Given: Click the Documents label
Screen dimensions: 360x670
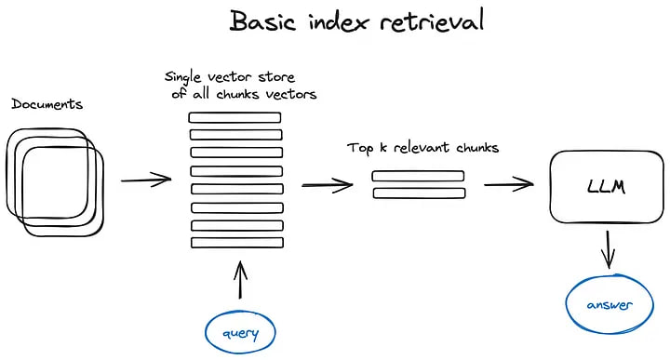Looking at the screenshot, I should pos(47,103).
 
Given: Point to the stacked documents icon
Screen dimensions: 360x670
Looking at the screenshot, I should pos(55,179).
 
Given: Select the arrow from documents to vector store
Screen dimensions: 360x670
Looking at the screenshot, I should pos(146,179).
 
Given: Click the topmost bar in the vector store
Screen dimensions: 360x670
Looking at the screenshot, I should pos(235,118).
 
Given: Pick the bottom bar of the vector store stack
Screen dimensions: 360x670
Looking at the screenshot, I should pos(235,242).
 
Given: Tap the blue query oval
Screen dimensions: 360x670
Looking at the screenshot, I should pos(241,332).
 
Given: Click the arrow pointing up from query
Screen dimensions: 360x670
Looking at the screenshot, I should pos(241,280).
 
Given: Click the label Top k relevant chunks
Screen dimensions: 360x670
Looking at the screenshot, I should pos(422,148).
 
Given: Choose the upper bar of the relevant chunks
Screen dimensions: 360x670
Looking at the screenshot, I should pos(418,176).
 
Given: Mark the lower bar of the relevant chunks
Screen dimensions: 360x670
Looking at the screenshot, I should pos(418,193).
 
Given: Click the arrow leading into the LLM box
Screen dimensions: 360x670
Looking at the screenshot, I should pos(507,184).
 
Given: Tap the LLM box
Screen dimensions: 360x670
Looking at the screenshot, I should pos(606,187).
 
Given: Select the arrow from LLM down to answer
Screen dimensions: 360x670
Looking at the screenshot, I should pos(610,250).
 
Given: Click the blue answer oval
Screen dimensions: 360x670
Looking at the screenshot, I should pos(610,305).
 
